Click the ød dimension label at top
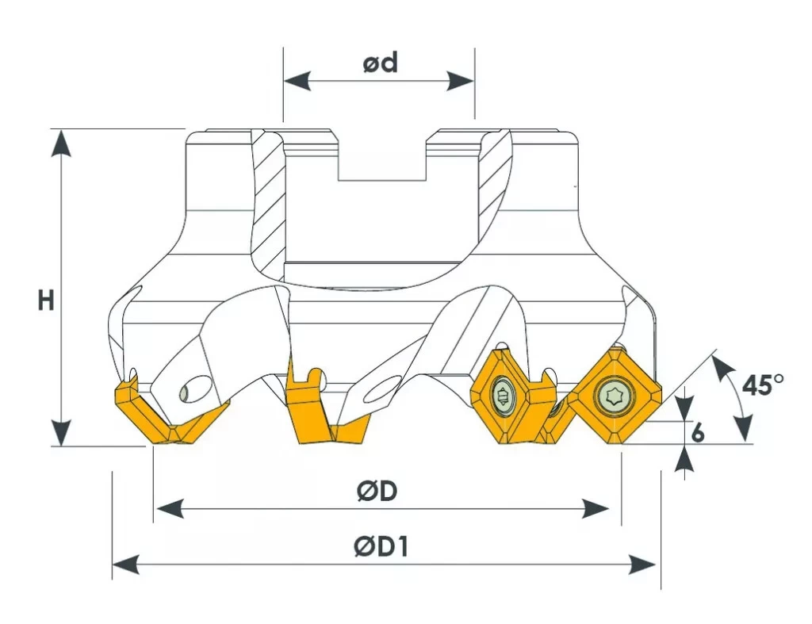pyautogui.click(x=380, y=63)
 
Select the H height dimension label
pyautogui.click(x=46, y=300)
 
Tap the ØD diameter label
pyautogui.click(x=377, y=490)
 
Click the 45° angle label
pyautogui.click(x=763, y=385)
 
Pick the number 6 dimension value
pyautogui.click(x=698, y=432)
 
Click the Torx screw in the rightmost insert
pyautogui.click(x=614, y=396)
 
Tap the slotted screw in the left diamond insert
pyautogui.click(x=502, y=399)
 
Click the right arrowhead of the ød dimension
pyautogui.click(x=461, y=81)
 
